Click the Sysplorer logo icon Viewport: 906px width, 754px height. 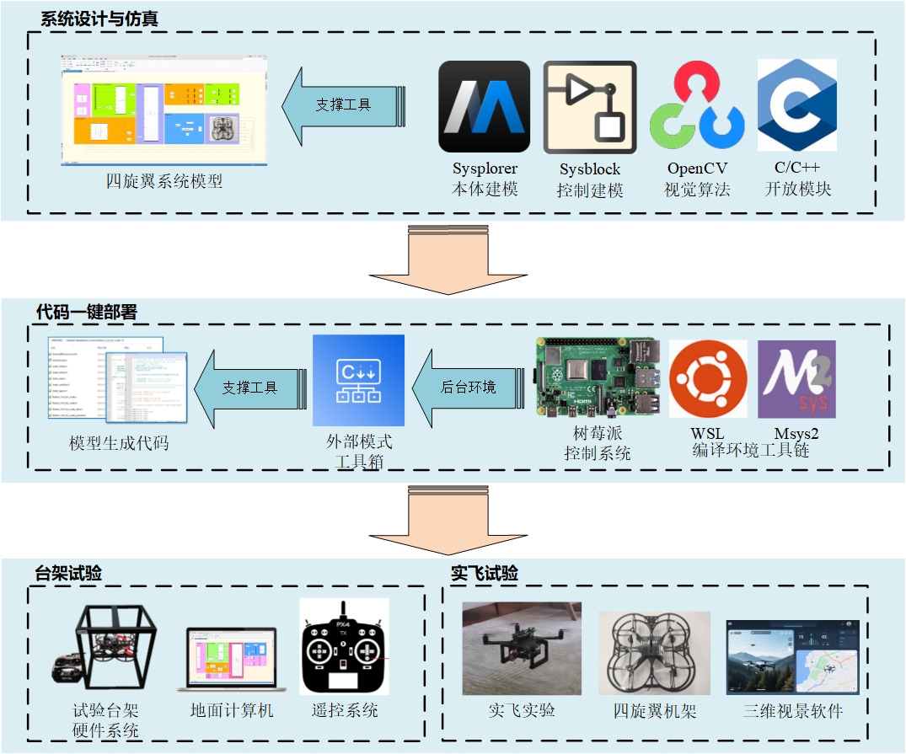coord(484,107)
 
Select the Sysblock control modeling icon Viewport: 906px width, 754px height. coord(590,107)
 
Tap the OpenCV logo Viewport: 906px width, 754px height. coord(696,107)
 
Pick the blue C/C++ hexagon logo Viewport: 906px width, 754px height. coord(796,105)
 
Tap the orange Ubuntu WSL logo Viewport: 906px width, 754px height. coord(707,379)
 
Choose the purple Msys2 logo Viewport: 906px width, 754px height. coord(796,379)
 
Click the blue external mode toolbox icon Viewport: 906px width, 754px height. coord(358,381)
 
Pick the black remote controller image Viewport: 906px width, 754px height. coord(343,647)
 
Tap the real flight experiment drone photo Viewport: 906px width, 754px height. coord(522,647)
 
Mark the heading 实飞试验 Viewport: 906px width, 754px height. coord(485,574)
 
